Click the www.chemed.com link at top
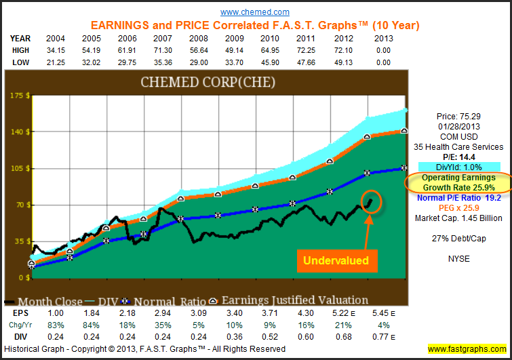tap(255, 12)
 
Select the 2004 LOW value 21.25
tap(55, 62)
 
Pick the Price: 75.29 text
tap(457, 117)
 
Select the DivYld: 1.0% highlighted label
tap(458, 167)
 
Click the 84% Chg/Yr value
tap(92, 325)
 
